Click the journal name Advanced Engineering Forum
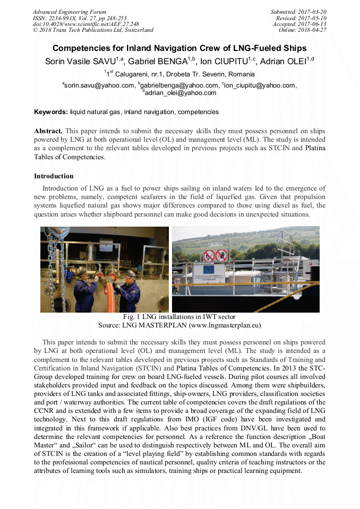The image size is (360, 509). (x=70, y=12)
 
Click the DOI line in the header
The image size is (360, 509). (x=86, y=24)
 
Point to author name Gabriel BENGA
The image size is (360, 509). (x=162, y=62)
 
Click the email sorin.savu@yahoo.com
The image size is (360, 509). (x=99, y=85)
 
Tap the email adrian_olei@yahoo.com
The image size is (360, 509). (x=181, y=93)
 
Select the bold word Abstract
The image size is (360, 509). (x=48, y=131)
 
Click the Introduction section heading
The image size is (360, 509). (x=54, y=176)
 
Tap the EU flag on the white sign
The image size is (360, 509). (x=203, y=270)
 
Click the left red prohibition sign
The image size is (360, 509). (x=209, y=255)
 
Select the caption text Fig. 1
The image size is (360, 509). (x=131, y=317)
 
